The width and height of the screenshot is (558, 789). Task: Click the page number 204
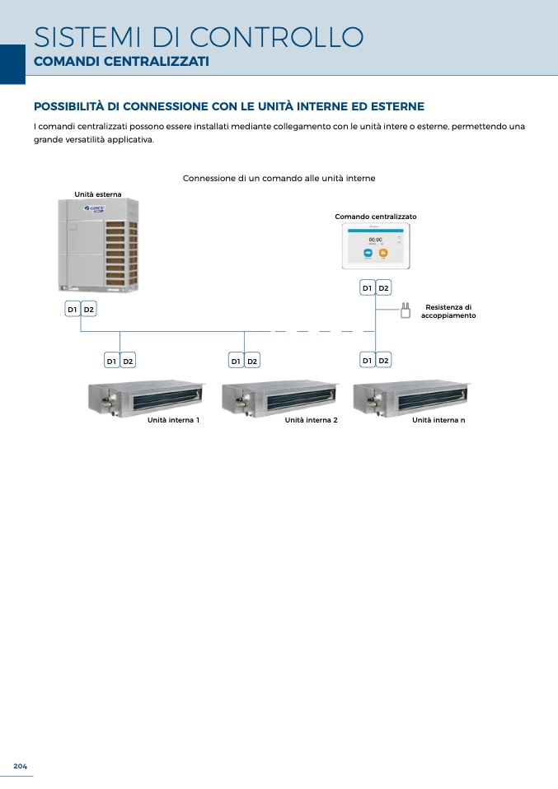(x=20, y=767)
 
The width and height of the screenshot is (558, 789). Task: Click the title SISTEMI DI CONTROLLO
(x=198, y=37)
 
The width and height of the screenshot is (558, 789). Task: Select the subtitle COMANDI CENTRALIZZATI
(x=120, y=62)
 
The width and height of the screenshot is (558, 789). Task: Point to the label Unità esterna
(x=98, y=194)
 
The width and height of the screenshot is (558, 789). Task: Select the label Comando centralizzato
(x=376, y=217)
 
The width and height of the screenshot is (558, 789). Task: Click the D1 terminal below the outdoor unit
(x=73, y=309)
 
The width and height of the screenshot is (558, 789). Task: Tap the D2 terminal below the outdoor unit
(x=89, y=309)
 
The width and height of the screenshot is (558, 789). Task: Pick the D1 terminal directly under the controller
(x=367, y=287)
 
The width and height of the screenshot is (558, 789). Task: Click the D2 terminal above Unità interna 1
(x=128, y=361)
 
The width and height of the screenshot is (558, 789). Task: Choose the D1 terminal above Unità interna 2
(x=236, y=361)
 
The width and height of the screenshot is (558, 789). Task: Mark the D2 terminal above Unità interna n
(x=383, y=360)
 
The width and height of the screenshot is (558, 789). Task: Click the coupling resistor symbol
(x=405, y=310)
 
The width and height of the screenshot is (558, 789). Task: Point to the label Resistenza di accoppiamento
(x=448, y=311)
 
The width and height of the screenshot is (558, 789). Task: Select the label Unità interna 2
(x=312, y=420)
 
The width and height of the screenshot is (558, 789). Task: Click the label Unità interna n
(x=438, y=420)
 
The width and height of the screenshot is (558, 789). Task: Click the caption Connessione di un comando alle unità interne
(x=279, y=178)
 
